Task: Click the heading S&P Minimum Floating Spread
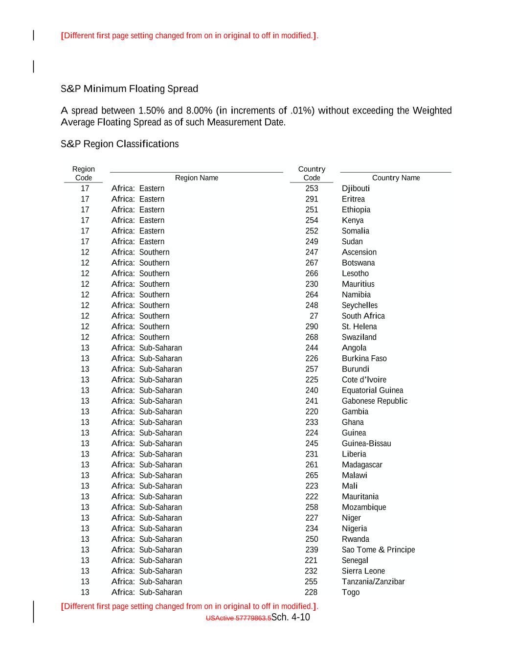coord(129,89)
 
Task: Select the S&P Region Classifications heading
coord(119,144)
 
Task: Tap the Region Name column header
coord(196,178)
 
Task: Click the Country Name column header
coord(396,178)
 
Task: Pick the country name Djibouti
coord(356,188)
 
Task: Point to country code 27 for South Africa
coord(314,316)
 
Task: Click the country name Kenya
coord(353,220)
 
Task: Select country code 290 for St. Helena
coord(312,327)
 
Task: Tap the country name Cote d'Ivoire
coord(364,380)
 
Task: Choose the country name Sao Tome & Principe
coord(378,550)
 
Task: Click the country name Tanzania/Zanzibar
coord(373,581)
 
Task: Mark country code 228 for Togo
coord(311,592)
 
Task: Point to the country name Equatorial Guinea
coord(372,391)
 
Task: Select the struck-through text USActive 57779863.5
coord(238,618)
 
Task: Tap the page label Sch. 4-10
coord(291,617)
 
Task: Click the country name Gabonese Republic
coord(374,401)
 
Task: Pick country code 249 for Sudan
coord(312,242)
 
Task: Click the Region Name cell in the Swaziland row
coord(140,337)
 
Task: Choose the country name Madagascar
coord(362,465)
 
